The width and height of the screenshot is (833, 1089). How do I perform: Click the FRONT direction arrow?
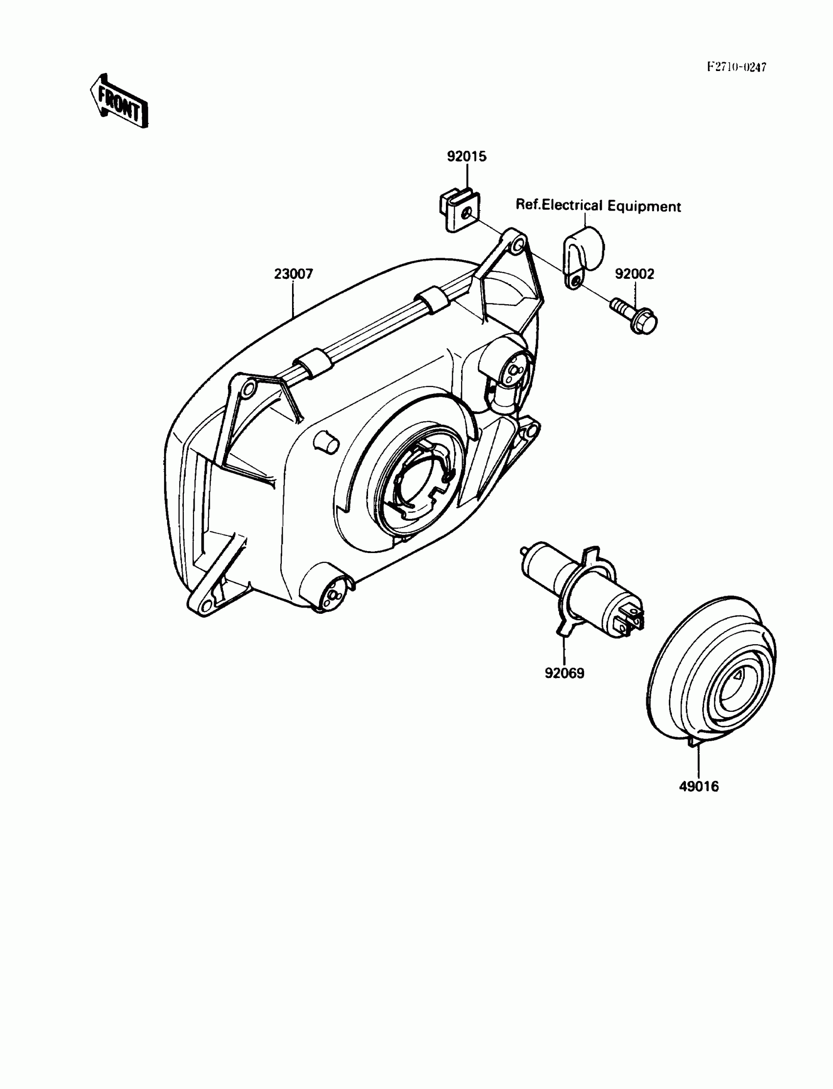click(119, 102)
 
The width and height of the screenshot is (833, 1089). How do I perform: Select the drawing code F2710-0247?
click(736, 67)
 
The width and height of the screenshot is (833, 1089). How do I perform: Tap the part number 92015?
click(466, 157)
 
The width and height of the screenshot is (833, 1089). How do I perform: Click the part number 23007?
click(294, 274)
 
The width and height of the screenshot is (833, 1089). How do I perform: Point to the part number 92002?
click(635, 274)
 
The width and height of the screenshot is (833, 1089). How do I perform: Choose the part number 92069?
click(564, 673)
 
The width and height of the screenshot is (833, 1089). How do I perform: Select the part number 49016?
click(698, 787)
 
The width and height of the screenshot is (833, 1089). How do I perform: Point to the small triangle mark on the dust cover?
click(738, 675)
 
